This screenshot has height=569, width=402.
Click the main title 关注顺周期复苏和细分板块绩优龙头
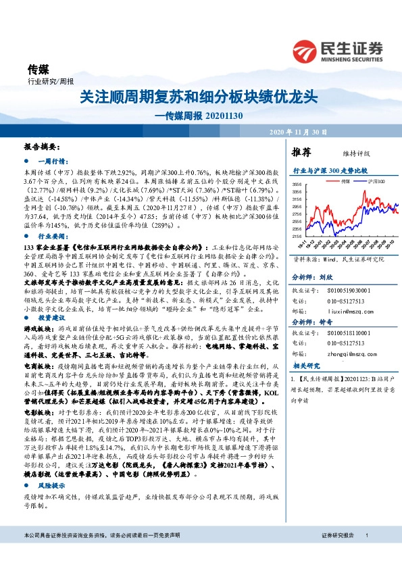click(x=199, y=96)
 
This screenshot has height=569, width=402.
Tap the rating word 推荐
click(x=301, y=151)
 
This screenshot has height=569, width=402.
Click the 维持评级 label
click(x=347, y=152)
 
